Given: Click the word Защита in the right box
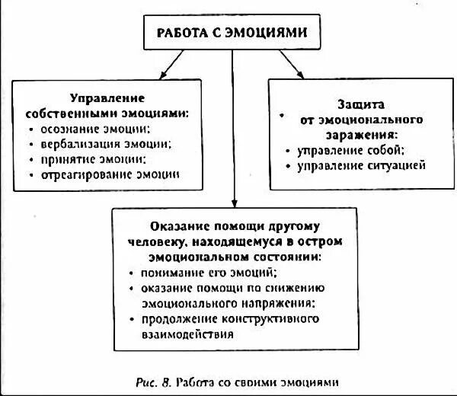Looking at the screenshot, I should click(360, 104).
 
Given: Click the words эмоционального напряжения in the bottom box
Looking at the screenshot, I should click(228, 302).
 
